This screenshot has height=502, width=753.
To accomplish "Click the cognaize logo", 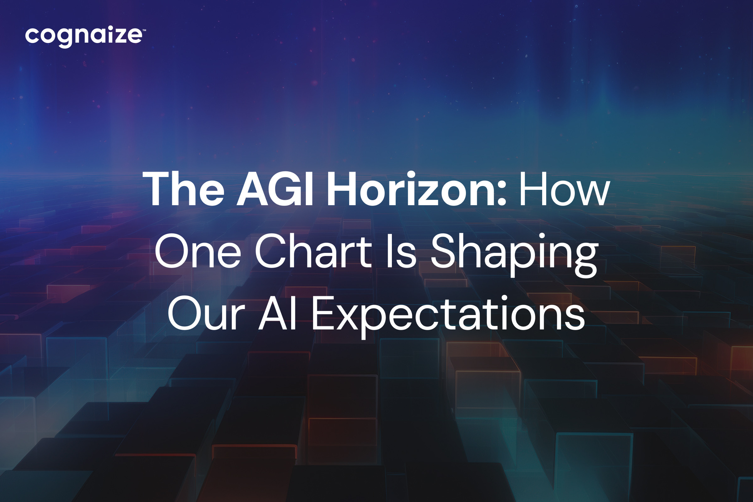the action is click(85, 36).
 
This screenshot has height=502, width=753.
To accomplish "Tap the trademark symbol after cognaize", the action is click(144, 30).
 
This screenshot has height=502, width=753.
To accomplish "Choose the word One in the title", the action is click(198, 251).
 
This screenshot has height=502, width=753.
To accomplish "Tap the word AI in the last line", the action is click(277, 313).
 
